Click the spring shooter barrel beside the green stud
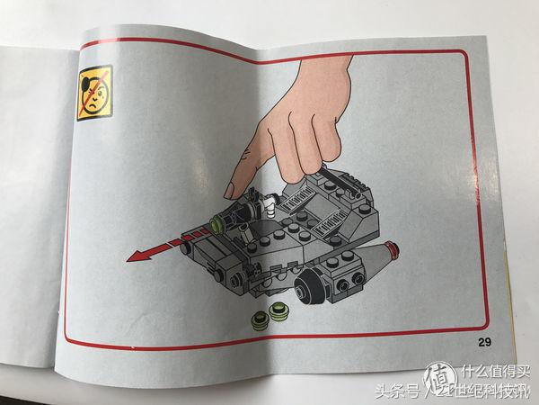click(x=239, y=216)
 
